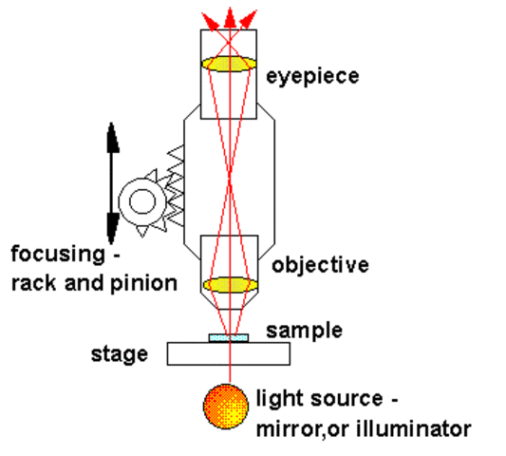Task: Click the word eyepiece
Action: click(x=314, y=73)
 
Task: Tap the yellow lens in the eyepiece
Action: click(x=230, y=65)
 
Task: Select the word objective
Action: click(x=320, y=265)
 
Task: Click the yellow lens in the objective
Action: click(x=230, y=284)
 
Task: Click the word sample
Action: click(x=303, y=332)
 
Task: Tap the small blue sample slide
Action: click(x=229, y=336)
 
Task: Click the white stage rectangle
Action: click(x=229, y=353)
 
